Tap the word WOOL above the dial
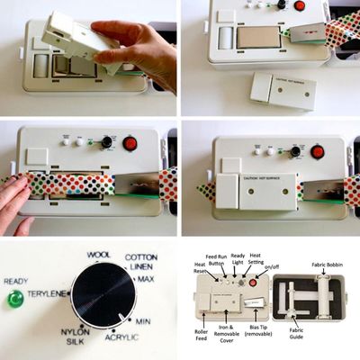click(99, 256)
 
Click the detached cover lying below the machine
click(283, 90)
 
